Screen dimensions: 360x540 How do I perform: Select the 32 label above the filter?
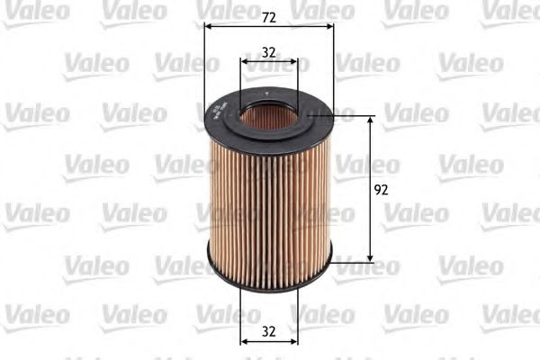(x=268, y=52)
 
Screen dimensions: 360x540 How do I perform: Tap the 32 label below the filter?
(x=268, y=329)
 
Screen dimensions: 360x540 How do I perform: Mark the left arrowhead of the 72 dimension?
(x=210, y=26)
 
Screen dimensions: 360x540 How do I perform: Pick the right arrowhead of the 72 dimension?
(x=328, y=26)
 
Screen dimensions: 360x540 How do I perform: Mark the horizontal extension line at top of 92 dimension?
(x=351, y=116)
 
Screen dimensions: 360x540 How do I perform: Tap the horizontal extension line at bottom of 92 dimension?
(x=351, y=263)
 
